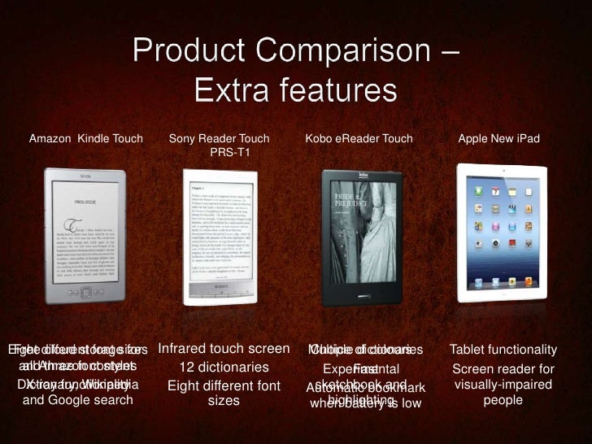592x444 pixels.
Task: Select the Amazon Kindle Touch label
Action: (x=86, y=139)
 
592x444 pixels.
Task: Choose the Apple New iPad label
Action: (x=499, y=139)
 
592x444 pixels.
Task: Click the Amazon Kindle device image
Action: (x=79, y=237)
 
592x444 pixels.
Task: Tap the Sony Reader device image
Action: (x=220, y=237)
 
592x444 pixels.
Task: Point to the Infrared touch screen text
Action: (x=224, y=349)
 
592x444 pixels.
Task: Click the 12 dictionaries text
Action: (x=224, y=367)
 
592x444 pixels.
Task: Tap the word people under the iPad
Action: (x=503, y=400)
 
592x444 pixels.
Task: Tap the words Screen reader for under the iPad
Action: (x=503, y=368)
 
